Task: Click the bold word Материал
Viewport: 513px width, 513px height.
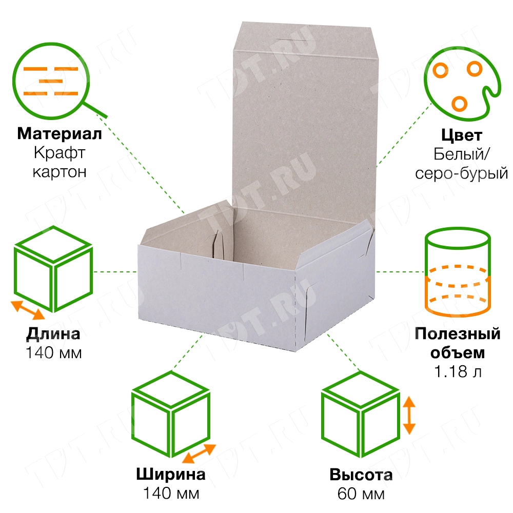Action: pos(60,134)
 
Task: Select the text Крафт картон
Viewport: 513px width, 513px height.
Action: pos(60,162)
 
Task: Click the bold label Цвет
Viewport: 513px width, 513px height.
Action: pos(461,135)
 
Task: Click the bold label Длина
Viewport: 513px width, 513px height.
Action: pos(53,334)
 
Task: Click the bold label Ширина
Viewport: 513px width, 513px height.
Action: pos(171,474)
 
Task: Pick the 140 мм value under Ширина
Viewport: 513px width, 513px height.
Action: pos(171,494)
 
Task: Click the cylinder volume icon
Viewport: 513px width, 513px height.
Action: pos(457,272)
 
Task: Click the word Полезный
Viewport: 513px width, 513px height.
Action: pos(458,334)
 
